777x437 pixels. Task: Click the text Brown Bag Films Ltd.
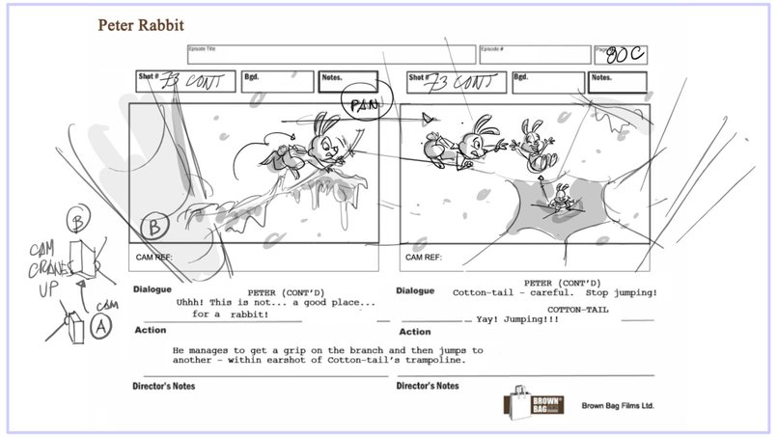pos(618,407)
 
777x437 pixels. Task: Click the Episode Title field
pos(330,55)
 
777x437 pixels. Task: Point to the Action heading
pos(153,330)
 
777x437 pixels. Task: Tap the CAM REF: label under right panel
pos(423,258)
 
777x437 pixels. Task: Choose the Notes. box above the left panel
pos(348,81)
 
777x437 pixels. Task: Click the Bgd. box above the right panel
pos(547,81)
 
